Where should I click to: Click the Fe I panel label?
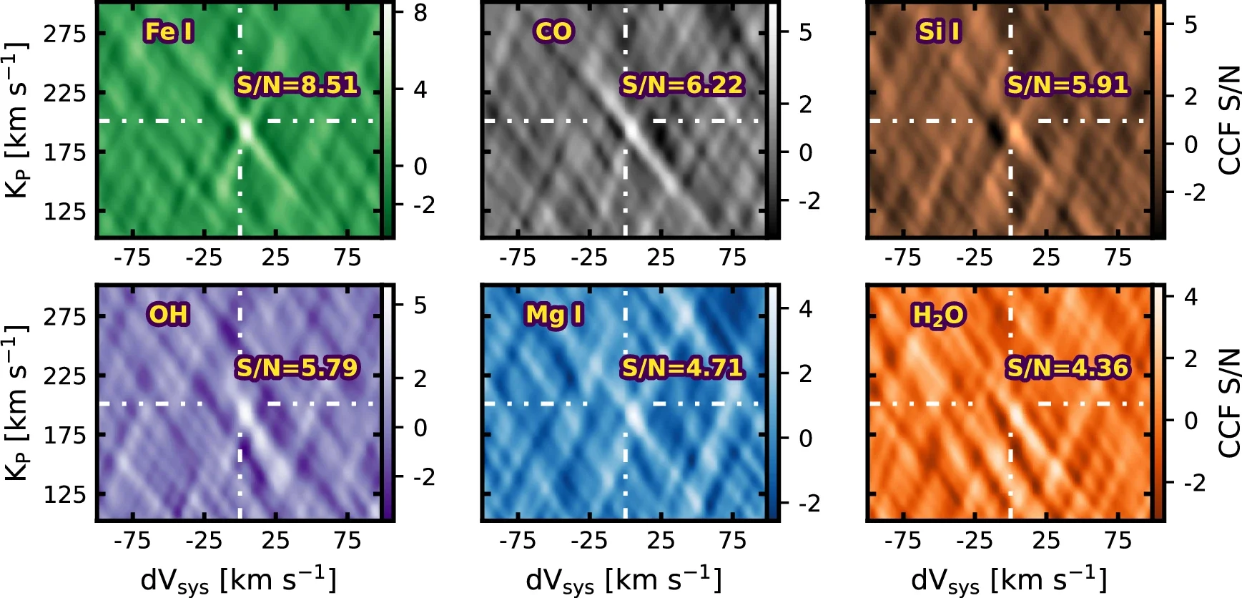pos(169,31)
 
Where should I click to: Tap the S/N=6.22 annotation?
pos(682,84)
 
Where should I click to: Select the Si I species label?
pos(939,31)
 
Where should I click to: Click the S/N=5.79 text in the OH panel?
pos(297,367)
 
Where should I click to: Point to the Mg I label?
pos(553,314)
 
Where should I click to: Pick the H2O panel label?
pos(938,315)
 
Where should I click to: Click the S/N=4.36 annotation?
pos(1068,367)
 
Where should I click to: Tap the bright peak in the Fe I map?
pos(246,130)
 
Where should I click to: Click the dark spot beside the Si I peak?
pos(995,131)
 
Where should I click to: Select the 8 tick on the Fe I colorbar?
pos(420,13)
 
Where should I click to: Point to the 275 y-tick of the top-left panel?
pos(64,34)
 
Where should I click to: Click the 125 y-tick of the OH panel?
pos(64,494)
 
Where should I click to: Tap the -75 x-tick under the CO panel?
pos(517,258)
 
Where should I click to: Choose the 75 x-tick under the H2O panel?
pos(1118,540)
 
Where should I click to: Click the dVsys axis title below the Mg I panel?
pos(624,579)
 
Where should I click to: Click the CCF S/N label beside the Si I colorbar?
pos(1228,120)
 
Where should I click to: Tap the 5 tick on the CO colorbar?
pos(805,33)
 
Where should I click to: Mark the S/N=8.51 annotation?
pos(297,84)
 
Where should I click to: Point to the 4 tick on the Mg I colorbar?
pos(805,309)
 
